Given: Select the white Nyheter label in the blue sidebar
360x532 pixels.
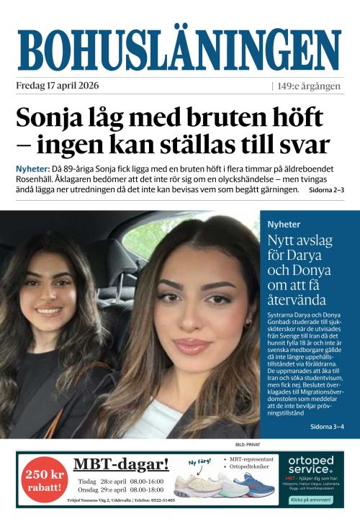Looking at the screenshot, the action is tap(284, 224).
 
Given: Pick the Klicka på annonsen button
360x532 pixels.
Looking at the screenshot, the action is tap(310, 498).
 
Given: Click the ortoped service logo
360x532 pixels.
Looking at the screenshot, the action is tap(310, 464).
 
